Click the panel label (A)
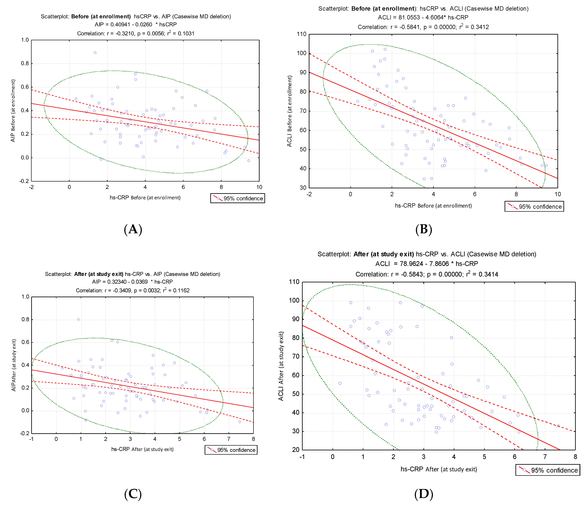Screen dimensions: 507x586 coord(133,229)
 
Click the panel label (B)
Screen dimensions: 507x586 coord(424,229)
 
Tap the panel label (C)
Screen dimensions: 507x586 coord(133,494)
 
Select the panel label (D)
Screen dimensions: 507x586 coord(424,494)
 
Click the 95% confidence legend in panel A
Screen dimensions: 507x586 coord(238,198)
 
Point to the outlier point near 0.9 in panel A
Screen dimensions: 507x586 coord(95,53)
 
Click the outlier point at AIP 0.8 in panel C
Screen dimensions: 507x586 coord(78,319)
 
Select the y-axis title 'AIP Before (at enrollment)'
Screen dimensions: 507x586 coord(13,111)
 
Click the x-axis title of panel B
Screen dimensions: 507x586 coord(433,206)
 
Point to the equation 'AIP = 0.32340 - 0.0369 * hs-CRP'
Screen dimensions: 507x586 coord(132,282)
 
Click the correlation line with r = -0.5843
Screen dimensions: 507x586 coord(427,274)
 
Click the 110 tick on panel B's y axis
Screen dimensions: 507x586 coord(302,34)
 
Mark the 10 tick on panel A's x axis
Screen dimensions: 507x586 coord(259,187)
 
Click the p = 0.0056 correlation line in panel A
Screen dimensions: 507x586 coord(136,33)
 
